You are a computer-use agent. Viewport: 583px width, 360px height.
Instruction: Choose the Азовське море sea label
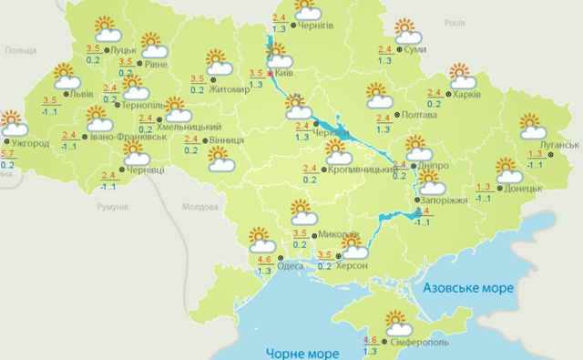click(468, 288)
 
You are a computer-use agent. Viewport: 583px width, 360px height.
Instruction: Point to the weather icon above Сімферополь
click(398, 323)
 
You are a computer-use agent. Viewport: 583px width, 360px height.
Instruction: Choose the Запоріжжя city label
click(445, 200)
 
